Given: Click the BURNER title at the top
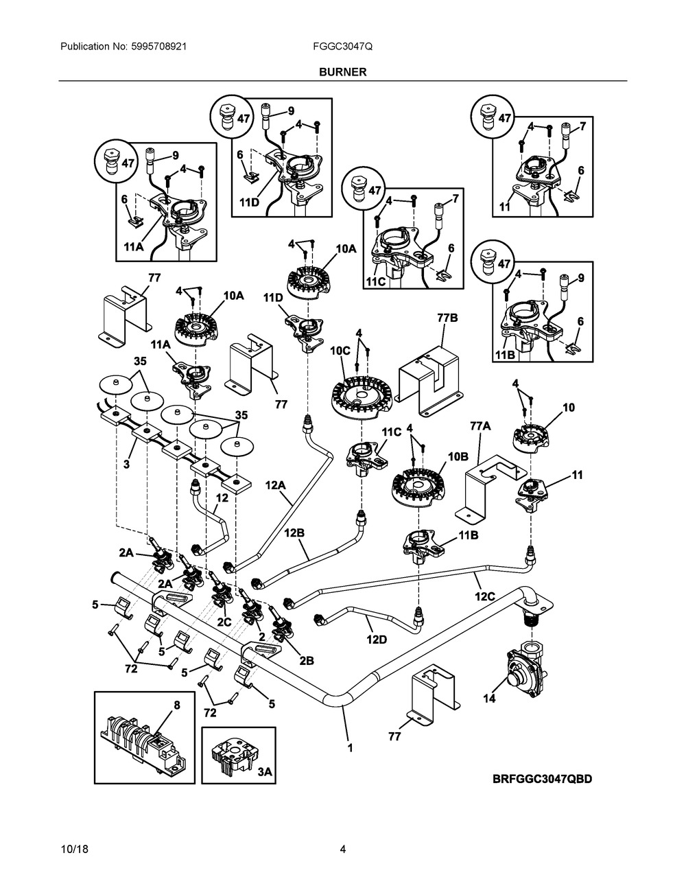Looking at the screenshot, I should [342, 71].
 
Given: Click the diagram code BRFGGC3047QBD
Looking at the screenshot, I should [541, 779].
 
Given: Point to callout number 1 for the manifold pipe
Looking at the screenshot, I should [350, 748].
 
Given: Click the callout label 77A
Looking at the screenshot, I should [481, 426].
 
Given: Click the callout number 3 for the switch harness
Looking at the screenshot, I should [127, 465].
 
